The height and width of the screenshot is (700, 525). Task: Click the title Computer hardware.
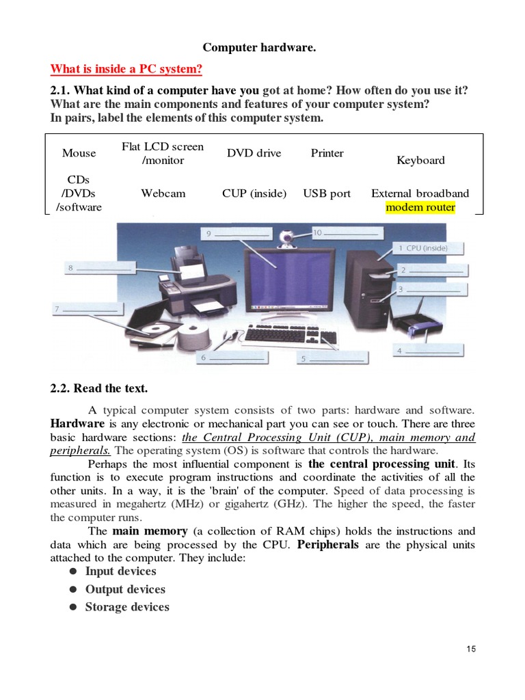259,48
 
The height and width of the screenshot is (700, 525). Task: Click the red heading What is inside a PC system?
126,70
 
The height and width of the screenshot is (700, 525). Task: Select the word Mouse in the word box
79,153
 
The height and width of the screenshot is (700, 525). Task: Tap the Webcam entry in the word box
163,193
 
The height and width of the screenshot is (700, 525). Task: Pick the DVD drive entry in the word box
254,153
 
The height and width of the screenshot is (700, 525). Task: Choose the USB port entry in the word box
327,193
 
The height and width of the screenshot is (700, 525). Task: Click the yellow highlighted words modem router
420,207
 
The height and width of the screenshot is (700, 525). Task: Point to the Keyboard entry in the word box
420,160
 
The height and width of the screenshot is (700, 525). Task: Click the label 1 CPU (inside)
427,248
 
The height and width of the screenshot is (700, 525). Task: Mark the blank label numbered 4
428,351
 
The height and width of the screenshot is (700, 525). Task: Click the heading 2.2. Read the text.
99,388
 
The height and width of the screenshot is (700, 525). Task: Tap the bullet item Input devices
120,571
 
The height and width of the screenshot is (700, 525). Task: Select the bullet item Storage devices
126,607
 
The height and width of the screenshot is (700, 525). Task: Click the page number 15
471,649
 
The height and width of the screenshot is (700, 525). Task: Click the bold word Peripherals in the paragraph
328,545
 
